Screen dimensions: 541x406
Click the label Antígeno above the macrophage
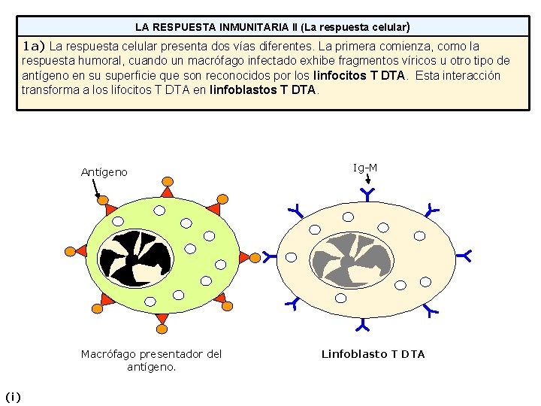(104, 172)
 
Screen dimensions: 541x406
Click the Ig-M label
(365, 168)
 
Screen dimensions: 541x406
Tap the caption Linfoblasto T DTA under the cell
(373, 354)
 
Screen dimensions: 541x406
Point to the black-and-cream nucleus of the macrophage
(135, 259)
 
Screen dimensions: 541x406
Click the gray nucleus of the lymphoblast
(352, 261)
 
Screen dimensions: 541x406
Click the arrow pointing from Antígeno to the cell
(96, 189)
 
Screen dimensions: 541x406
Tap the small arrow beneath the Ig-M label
(367, 178)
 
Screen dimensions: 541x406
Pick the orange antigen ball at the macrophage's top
(168, 181)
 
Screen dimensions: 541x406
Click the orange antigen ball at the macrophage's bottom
(162, 329)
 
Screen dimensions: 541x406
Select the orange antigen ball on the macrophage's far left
(70, 251)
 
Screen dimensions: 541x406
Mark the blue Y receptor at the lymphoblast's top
(367, 195)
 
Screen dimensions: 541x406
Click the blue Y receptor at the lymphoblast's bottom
(362, 325)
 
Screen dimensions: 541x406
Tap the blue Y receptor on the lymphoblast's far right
(464, 256)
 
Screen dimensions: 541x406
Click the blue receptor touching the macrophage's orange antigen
(270, 257)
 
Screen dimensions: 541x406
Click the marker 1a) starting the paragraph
(33, 46)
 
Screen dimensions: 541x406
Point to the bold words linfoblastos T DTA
(262, 90)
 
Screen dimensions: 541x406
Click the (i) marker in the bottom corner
(13, 397)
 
